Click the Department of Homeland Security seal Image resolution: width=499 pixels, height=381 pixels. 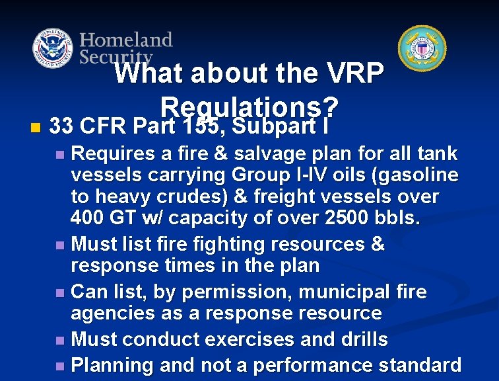point(53,49)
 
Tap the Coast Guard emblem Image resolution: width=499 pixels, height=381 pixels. point(422,48)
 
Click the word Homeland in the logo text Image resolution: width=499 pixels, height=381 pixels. point(126,40)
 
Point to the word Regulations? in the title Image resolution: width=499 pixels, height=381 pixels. point(249,106)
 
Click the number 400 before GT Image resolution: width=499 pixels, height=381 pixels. point(88,217)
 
